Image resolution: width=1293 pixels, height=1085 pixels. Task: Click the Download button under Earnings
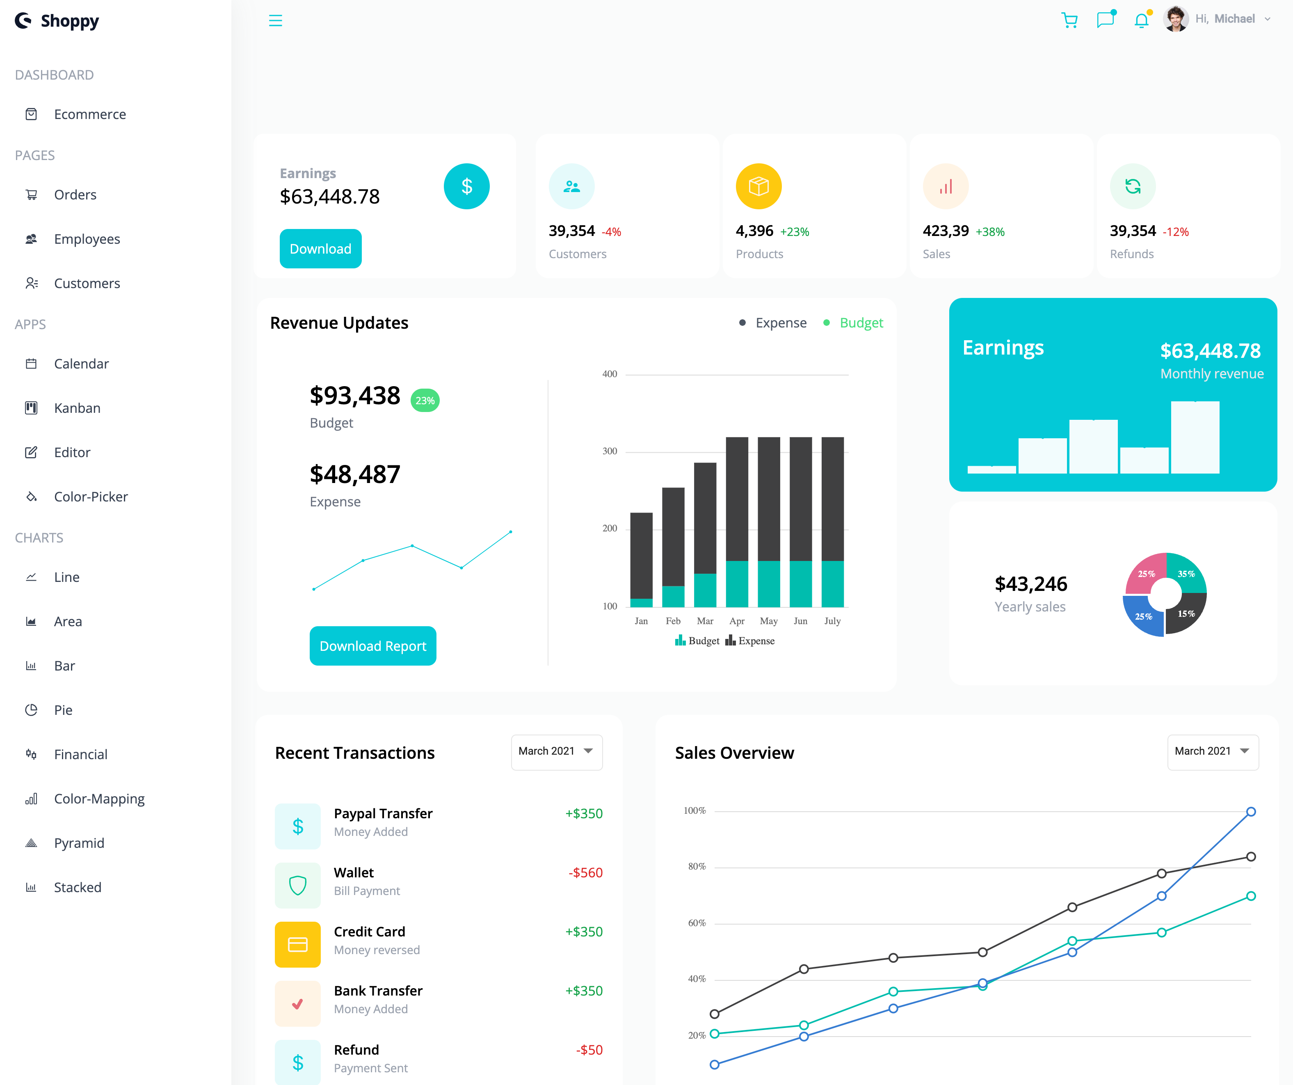pyautogui.click(x=320, y=249)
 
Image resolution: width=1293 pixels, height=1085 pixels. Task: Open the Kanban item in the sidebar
pyautogui.click(x=77, y=408)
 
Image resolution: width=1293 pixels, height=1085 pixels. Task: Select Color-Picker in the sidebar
pyautogui.click(x=91, y=497)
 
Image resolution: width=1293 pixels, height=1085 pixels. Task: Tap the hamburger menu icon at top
pyautogui.click(x=275, y=21)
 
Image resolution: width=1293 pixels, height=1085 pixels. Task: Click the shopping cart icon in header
pyautogui.click(x=1069, y=21)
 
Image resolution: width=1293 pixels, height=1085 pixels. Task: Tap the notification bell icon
pyautogui.click(x=1141, y=21)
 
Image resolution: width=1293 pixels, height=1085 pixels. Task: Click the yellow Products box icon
pyautogui.click(x=758, y=186)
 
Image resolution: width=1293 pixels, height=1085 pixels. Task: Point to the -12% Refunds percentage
pyautogui.click(x=1175, y=232)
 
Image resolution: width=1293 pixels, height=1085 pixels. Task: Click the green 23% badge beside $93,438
pyautogui.click(x=425, y=400)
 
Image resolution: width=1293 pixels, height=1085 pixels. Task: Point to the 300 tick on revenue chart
pyautogui.click(x=610, y=451)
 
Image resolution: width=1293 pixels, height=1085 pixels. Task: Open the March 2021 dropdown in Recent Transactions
pyautogui.click(x=556, y=751)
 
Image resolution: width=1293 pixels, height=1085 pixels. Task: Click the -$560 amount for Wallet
pyautogui.click(x=585, y=872)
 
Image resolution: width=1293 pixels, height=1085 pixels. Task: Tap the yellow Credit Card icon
pyautogui.click(x=297, y=944)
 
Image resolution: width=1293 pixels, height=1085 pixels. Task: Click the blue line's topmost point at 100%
pyautogui.click(x=1250, y=812)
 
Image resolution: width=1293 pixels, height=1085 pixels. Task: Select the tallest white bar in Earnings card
pyautogui.click(x=1195, y=437)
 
